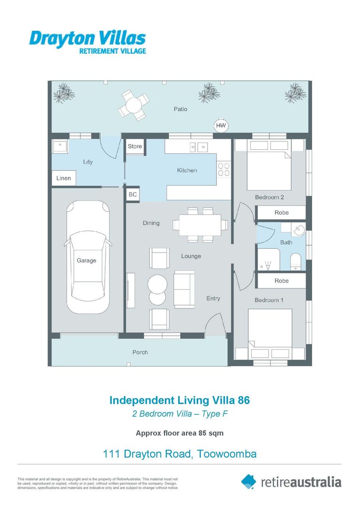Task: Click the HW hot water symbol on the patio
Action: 221,126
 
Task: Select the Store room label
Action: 135,146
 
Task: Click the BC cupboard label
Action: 132,194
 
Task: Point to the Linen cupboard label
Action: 63,178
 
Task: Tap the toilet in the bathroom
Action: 296,261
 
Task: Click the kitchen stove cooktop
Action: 224,169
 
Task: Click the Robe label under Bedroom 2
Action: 281,213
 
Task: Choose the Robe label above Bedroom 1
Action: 281,281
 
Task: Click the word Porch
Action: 140,352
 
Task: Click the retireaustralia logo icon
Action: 249,481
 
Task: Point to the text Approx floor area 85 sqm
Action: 179,433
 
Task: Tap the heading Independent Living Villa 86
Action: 179,400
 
